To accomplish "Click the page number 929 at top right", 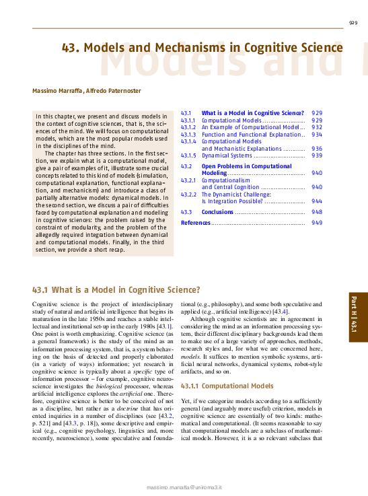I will click(353, 23).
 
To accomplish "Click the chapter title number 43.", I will click(71, 48).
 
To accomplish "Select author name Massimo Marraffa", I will click(57, 91).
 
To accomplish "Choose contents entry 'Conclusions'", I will click(217, 212).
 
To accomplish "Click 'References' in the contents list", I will click(196, 222).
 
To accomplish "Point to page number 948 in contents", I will click(317, 212).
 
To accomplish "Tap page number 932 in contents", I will click(317, 127).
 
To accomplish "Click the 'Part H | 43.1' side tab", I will click(353, 318).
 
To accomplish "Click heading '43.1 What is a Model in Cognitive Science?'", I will click(116, 290).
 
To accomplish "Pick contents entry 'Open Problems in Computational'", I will click(247, 166).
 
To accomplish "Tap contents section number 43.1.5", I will click(188, 155).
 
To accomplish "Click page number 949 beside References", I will click(317, 222).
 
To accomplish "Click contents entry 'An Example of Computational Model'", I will click(250, 127).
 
